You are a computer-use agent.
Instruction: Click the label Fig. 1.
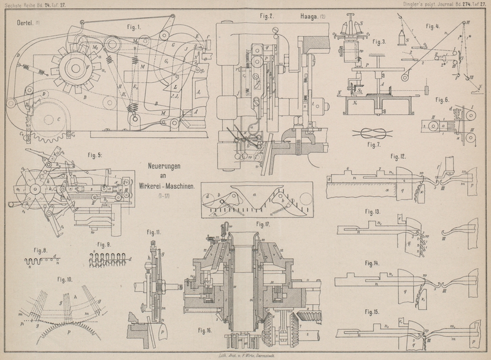point(133,28)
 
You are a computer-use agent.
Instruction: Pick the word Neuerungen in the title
point(168,166)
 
